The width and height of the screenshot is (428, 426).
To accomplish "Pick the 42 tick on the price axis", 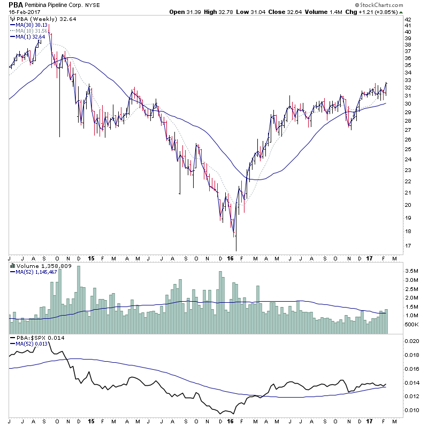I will pos(408,19).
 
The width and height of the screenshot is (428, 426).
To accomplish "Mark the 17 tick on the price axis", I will pos(408,246).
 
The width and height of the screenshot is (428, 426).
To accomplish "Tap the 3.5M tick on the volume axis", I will pos(410,272).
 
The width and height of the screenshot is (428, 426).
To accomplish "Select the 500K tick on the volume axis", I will pos(410,324).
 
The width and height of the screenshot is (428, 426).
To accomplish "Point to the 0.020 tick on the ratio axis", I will pos(412,341).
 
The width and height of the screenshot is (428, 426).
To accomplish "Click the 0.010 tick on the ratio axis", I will pos(412,410).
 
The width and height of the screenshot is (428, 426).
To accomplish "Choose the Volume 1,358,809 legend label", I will pos(40,265).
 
